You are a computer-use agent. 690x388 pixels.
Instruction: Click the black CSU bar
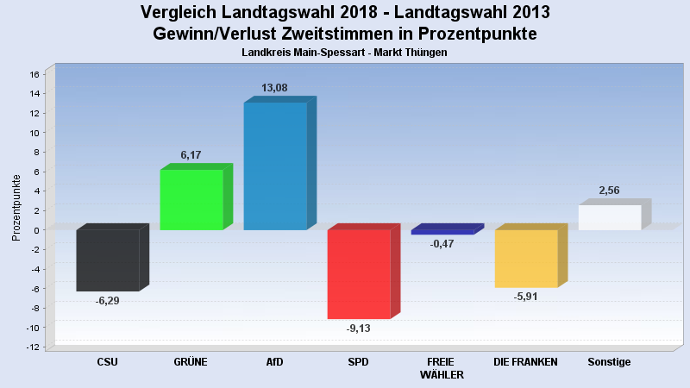tap(108, 260)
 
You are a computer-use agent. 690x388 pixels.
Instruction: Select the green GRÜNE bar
tap(191, 199)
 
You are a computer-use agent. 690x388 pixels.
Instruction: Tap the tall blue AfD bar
tap(275, 166)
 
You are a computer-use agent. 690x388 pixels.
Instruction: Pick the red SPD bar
tap(359, 273)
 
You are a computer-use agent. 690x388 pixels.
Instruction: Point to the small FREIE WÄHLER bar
tap(442, 232)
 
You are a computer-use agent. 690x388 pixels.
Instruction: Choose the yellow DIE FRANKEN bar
tap(526, 258)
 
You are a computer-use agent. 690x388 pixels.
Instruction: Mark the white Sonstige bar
tap(610, 217)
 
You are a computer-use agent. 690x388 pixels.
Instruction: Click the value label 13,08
tap(276, 88)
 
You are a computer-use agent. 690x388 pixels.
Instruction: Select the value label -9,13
tap(359, 329)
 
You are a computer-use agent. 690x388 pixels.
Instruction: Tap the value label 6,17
tap(191, 155)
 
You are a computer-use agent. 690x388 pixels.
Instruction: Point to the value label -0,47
tap(442, 244)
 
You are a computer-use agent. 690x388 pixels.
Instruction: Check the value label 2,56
tap(609, 191)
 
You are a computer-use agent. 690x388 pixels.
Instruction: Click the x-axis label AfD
tap(275, 362)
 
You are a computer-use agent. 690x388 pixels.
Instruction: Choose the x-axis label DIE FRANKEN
tap(525, 362)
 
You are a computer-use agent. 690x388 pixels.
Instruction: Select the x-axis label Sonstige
tap(609, 362)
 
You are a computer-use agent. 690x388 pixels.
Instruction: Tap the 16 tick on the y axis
tap(34, 74)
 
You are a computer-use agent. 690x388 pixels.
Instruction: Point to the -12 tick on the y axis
tap(33, 347)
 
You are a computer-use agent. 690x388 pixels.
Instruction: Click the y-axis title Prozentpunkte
tap(16, 208)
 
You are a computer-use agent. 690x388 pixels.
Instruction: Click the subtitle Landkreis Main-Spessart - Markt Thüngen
tap(345, 53)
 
